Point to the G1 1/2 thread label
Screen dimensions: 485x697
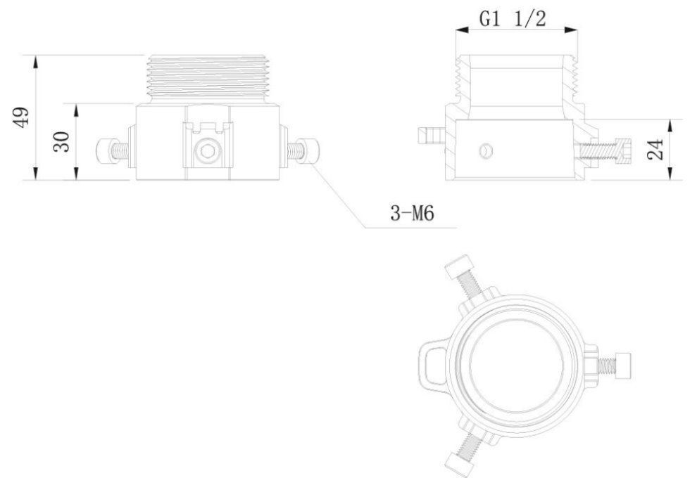coord(512,19)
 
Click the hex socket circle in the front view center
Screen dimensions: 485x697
coord(208,150)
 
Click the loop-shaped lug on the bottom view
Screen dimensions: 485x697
coord(431,362)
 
